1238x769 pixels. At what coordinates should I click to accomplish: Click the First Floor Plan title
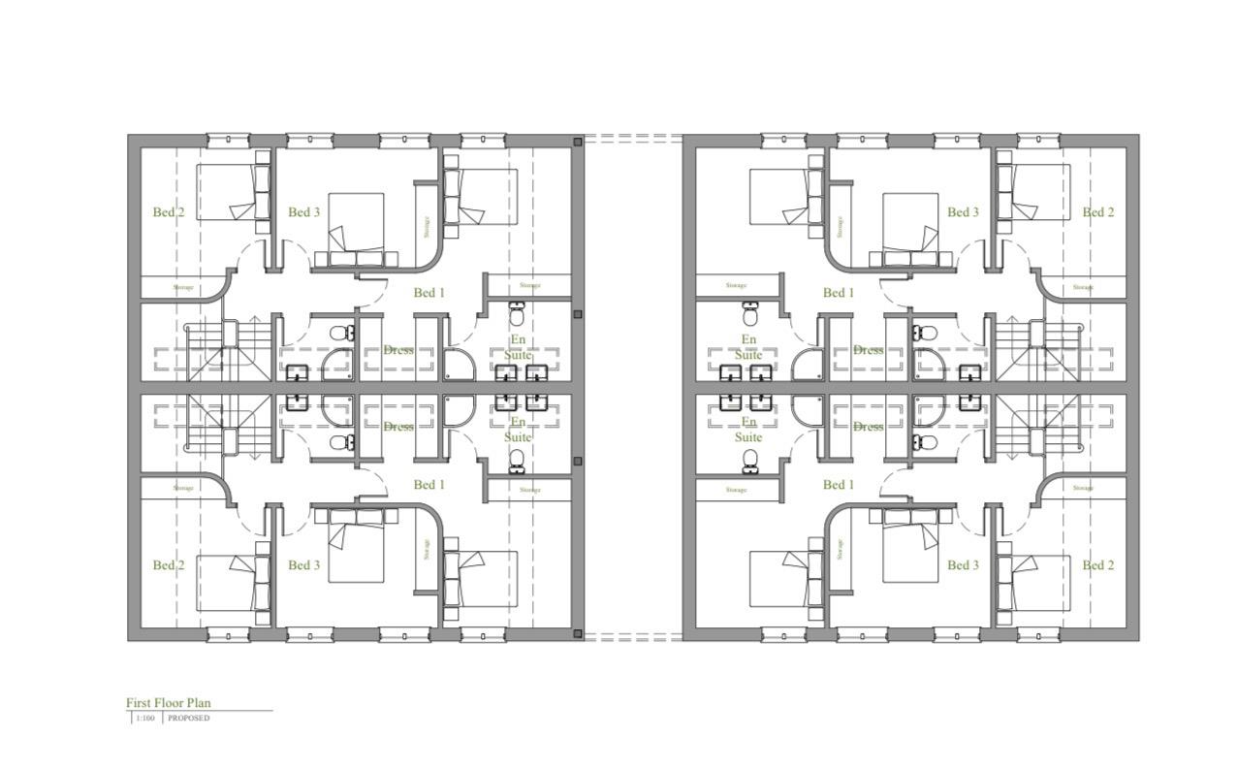point(168,703)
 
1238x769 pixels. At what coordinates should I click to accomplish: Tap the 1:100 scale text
point(144,719)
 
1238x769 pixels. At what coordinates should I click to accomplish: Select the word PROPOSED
point(188,719)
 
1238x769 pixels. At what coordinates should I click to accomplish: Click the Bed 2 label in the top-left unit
point(168,212)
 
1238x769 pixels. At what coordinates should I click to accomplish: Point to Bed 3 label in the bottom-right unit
point(963,565)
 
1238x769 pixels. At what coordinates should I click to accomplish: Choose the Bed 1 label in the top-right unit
point(838,293)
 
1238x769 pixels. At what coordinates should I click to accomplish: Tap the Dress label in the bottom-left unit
point(397,427)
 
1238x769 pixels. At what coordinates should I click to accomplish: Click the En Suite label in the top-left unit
point(519,347)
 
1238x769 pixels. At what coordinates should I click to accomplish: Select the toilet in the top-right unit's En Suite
point(750,313)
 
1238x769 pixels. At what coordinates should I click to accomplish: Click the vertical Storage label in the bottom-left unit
point(426,549)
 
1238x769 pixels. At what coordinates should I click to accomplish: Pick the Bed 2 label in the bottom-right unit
point(1097,565)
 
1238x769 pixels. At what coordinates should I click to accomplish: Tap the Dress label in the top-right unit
point(868,350)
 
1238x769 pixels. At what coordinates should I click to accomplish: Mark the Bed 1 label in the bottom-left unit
point(429,485)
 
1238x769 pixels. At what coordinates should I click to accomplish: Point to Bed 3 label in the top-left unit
point(303,212)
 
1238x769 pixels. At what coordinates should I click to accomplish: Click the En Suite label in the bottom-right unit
point(748,430)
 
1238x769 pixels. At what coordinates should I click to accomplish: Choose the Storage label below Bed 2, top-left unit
point(183,287)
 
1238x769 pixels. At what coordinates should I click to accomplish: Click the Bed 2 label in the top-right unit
point(1097,212)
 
